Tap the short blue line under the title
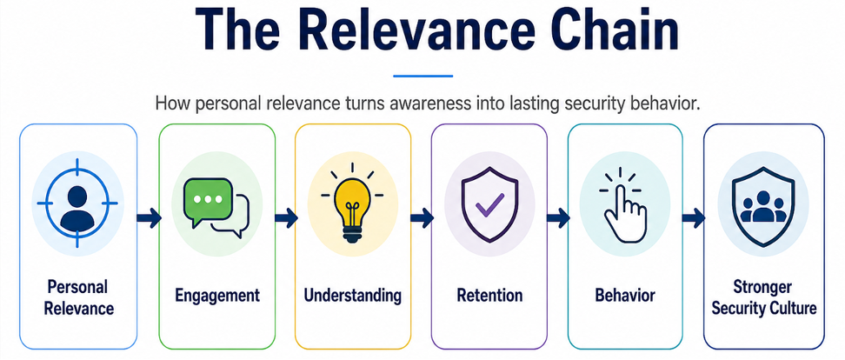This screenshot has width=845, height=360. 422,76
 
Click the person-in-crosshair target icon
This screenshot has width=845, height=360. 77,203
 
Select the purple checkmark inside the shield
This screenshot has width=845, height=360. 489,205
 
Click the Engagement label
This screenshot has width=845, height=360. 217,296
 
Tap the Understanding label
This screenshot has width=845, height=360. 353,296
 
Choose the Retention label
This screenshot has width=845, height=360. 489,296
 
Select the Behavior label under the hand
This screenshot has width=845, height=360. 625,296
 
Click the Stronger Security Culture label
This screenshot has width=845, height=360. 763,297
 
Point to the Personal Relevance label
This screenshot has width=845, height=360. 79,297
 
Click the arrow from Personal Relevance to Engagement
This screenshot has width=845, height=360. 150,217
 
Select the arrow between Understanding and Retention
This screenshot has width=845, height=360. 422,217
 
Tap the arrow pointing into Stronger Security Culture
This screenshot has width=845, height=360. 694,217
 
